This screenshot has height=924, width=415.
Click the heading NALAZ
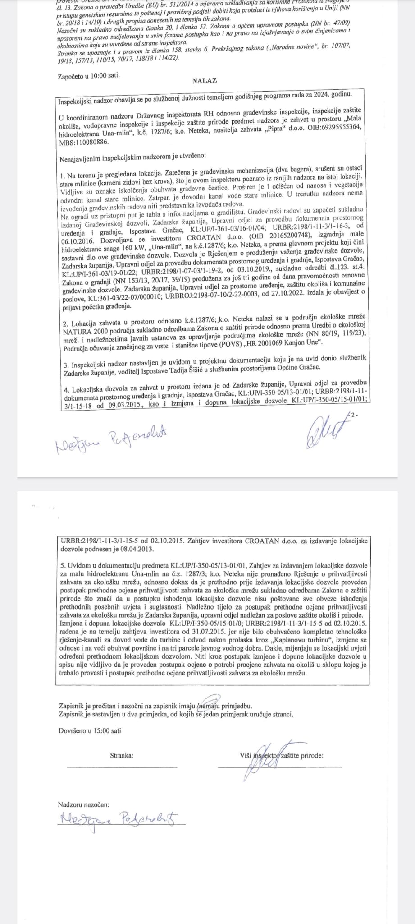pos(204,81)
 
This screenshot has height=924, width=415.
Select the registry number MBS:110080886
pos(84,136)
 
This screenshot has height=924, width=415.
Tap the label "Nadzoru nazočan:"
pos(83,804)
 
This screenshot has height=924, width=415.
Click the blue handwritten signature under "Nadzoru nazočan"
pos(118,818)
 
